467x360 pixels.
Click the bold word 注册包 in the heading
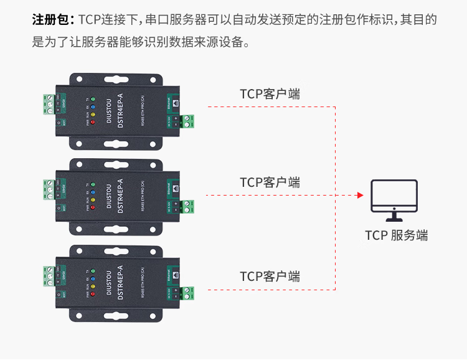click(52, 19)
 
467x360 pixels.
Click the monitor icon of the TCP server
click(394, 200)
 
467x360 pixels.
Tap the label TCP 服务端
click(396, 235)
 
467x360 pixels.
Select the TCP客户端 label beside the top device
click(270, 94)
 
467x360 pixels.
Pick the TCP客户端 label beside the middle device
click(270, 182)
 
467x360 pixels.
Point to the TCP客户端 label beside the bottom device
click(270, 276)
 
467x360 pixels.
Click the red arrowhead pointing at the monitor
click(360, 195)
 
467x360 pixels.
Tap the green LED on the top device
click(93, 98)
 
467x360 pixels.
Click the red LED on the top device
click(93, 122)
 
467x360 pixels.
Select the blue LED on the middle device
click(93, 193)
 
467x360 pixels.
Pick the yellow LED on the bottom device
click(93, 287)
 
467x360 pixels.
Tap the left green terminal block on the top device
click(49, 103)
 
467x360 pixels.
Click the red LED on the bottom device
click(93, 295)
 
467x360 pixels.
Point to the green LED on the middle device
click(93, 185)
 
